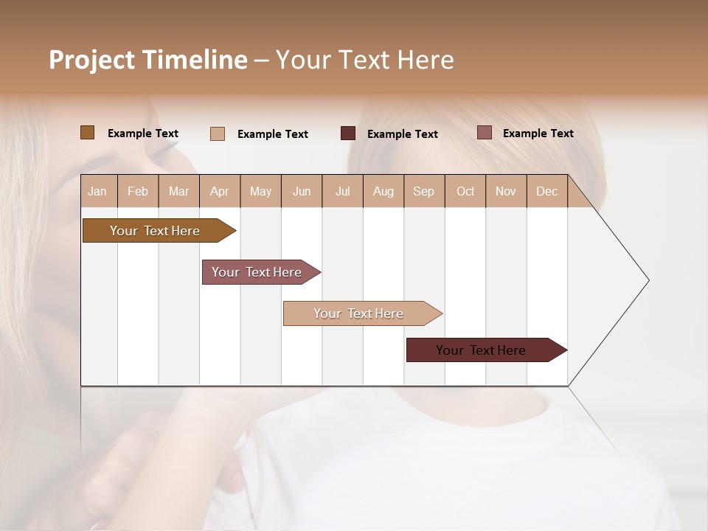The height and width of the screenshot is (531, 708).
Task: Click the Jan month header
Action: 97,191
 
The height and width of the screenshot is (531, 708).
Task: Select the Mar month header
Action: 178,191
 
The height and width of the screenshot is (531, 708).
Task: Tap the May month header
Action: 260,191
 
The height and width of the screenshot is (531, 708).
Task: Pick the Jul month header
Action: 342,191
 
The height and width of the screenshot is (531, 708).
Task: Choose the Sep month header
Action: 423,191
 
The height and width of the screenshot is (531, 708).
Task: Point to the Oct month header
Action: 465,191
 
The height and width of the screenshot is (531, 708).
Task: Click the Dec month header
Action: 546,191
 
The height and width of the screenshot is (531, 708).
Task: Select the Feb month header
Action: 138,191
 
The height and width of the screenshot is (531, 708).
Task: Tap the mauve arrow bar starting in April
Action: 258,272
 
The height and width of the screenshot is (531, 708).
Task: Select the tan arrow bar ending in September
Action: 360,313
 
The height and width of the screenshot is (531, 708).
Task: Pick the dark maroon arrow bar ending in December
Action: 483,350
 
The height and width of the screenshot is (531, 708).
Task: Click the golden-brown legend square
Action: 88,133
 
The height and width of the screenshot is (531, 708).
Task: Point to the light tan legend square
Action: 218,133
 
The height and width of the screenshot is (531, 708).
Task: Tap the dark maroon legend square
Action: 348,133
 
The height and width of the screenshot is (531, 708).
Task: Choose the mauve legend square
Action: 485,133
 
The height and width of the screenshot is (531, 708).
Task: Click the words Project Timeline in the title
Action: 147,60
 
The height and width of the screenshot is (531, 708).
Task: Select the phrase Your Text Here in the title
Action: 364,60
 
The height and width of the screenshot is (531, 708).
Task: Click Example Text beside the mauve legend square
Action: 538,133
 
